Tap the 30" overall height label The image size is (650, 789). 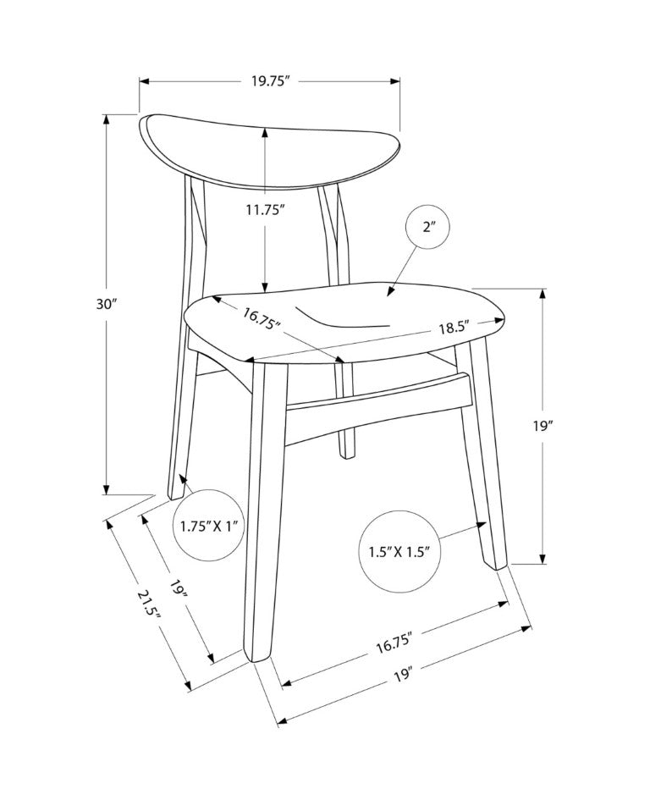(107, 304)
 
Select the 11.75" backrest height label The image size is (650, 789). (266, 209)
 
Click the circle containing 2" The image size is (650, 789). (427, 226)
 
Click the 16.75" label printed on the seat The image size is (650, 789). (262, 318)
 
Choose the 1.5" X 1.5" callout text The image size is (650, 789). (399, 551)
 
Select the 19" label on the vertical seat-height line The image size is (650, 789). (543, 426)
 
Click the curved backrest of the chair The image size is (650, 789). (270, 151)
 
